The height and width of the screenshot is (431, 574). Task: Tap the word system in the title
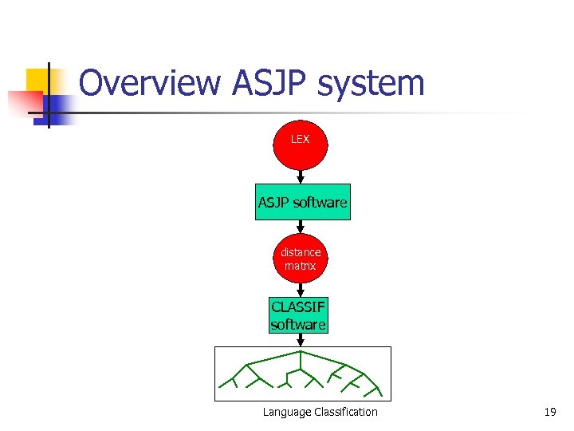point(379,84)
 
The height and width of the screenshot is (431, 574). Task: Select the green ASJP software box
point(302,203)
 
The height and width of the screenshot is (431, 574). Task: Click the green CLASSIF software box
point(298,315)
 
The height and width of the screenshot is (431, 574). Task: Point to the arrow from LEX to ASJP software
point(301,176)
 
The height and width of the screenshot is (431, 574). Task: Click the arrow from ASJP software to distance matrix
point(301,227)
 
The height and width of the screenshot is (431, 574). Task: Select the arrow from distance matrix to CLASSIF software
point(301,290)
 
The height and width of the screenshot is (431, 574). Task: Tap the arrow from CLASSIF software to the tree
point(301,340)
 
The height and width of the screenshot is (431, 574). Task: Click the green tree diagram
point(303,374)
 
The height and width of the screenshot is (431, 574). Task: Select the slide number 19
point(549,412)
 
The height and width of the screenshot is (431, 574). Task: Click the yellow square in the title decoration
point(37,81)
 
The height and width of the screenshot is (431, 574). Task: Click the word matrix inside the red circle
point(301,266)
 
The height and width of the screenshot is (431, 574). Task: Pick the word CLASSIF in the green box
point(298,307)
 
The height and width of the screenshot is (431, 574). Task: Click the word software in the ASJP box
point(320,203)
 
